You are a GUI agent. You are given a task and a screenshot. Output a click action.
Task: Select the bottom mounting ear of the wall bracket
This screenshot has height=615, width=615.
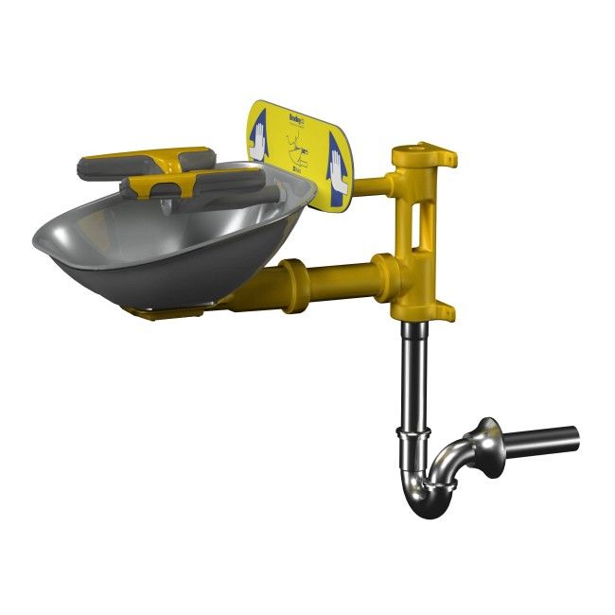(x=444, y=310)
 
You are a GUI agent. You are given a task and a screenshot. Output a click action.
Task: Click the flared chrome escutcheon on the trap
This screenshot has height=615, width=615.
(x=491, y=448)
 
